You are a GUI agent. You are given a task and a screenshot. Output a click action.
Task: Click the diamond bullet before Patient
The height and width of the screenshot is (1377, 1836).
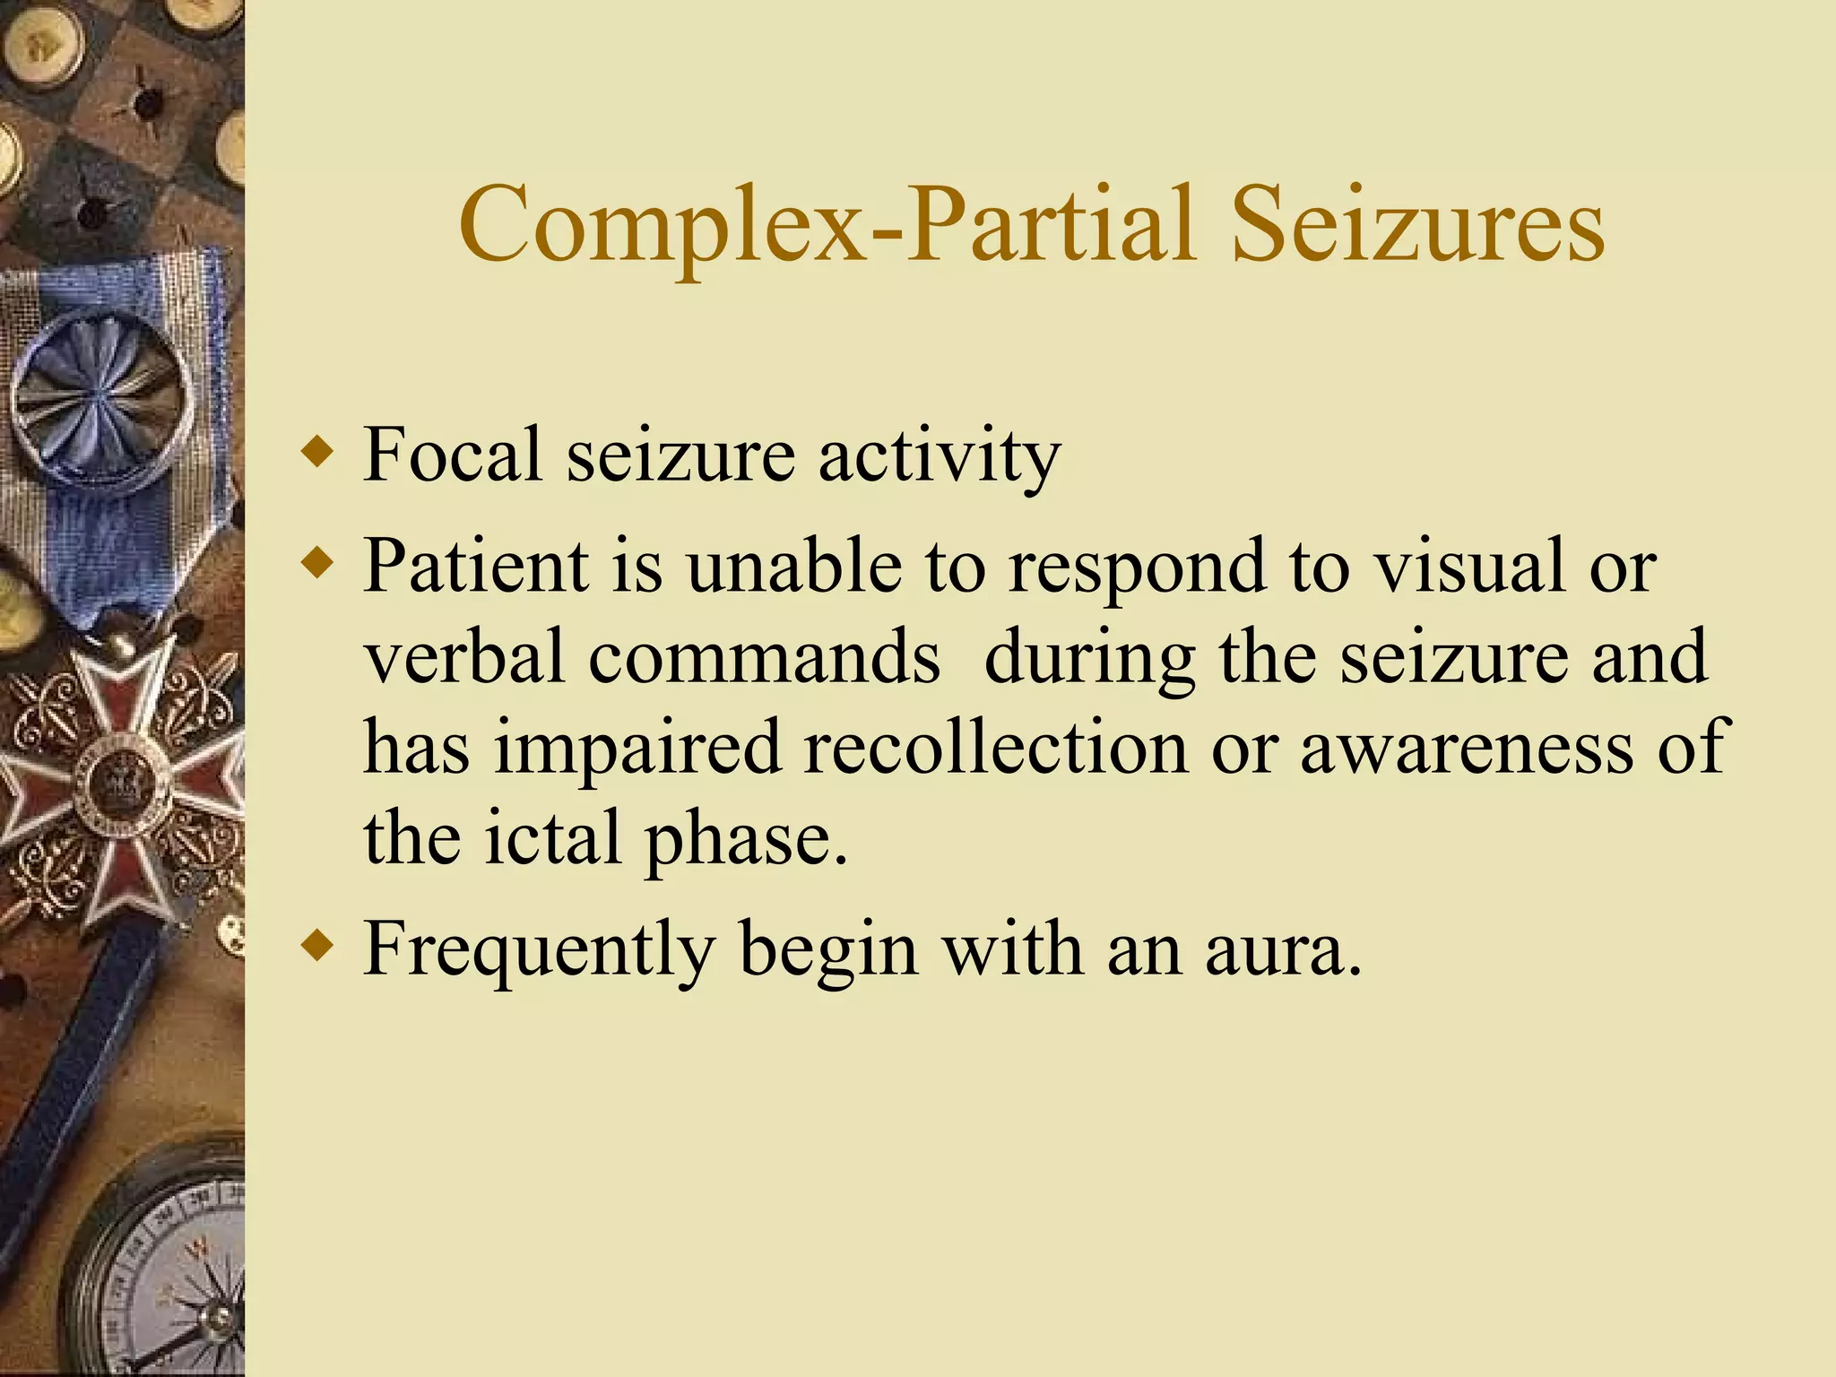317,564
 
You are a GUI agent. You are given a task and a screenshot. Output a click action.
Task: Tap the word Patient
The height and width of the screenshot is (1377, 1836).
476,566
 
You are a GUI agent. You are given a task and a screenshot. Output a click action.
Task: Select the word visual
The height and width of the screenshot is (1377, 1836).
1471,566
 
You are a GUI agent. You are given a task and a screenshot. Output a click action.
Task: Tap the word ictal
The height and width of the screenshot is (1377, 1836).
553,837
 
